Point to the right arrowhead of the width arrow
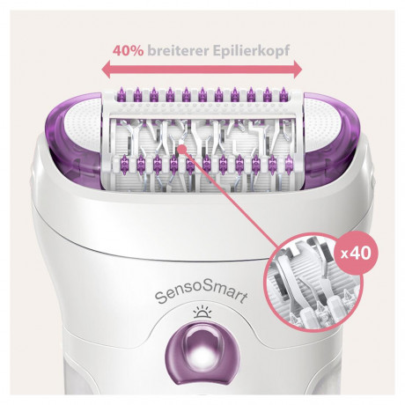[300, 71]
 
